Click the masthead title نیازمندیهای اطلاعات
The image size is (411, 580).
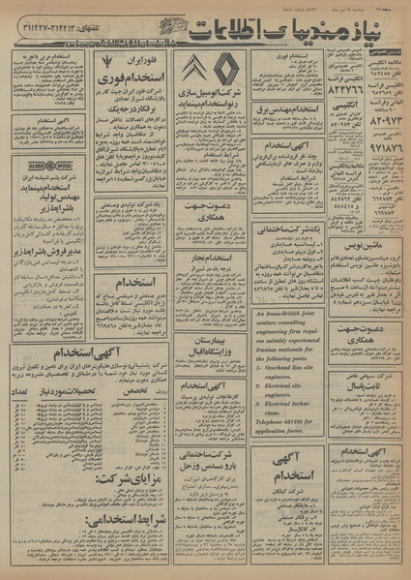point(257,30)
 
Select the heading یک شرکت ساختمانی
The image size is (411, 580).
point(292,229)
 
